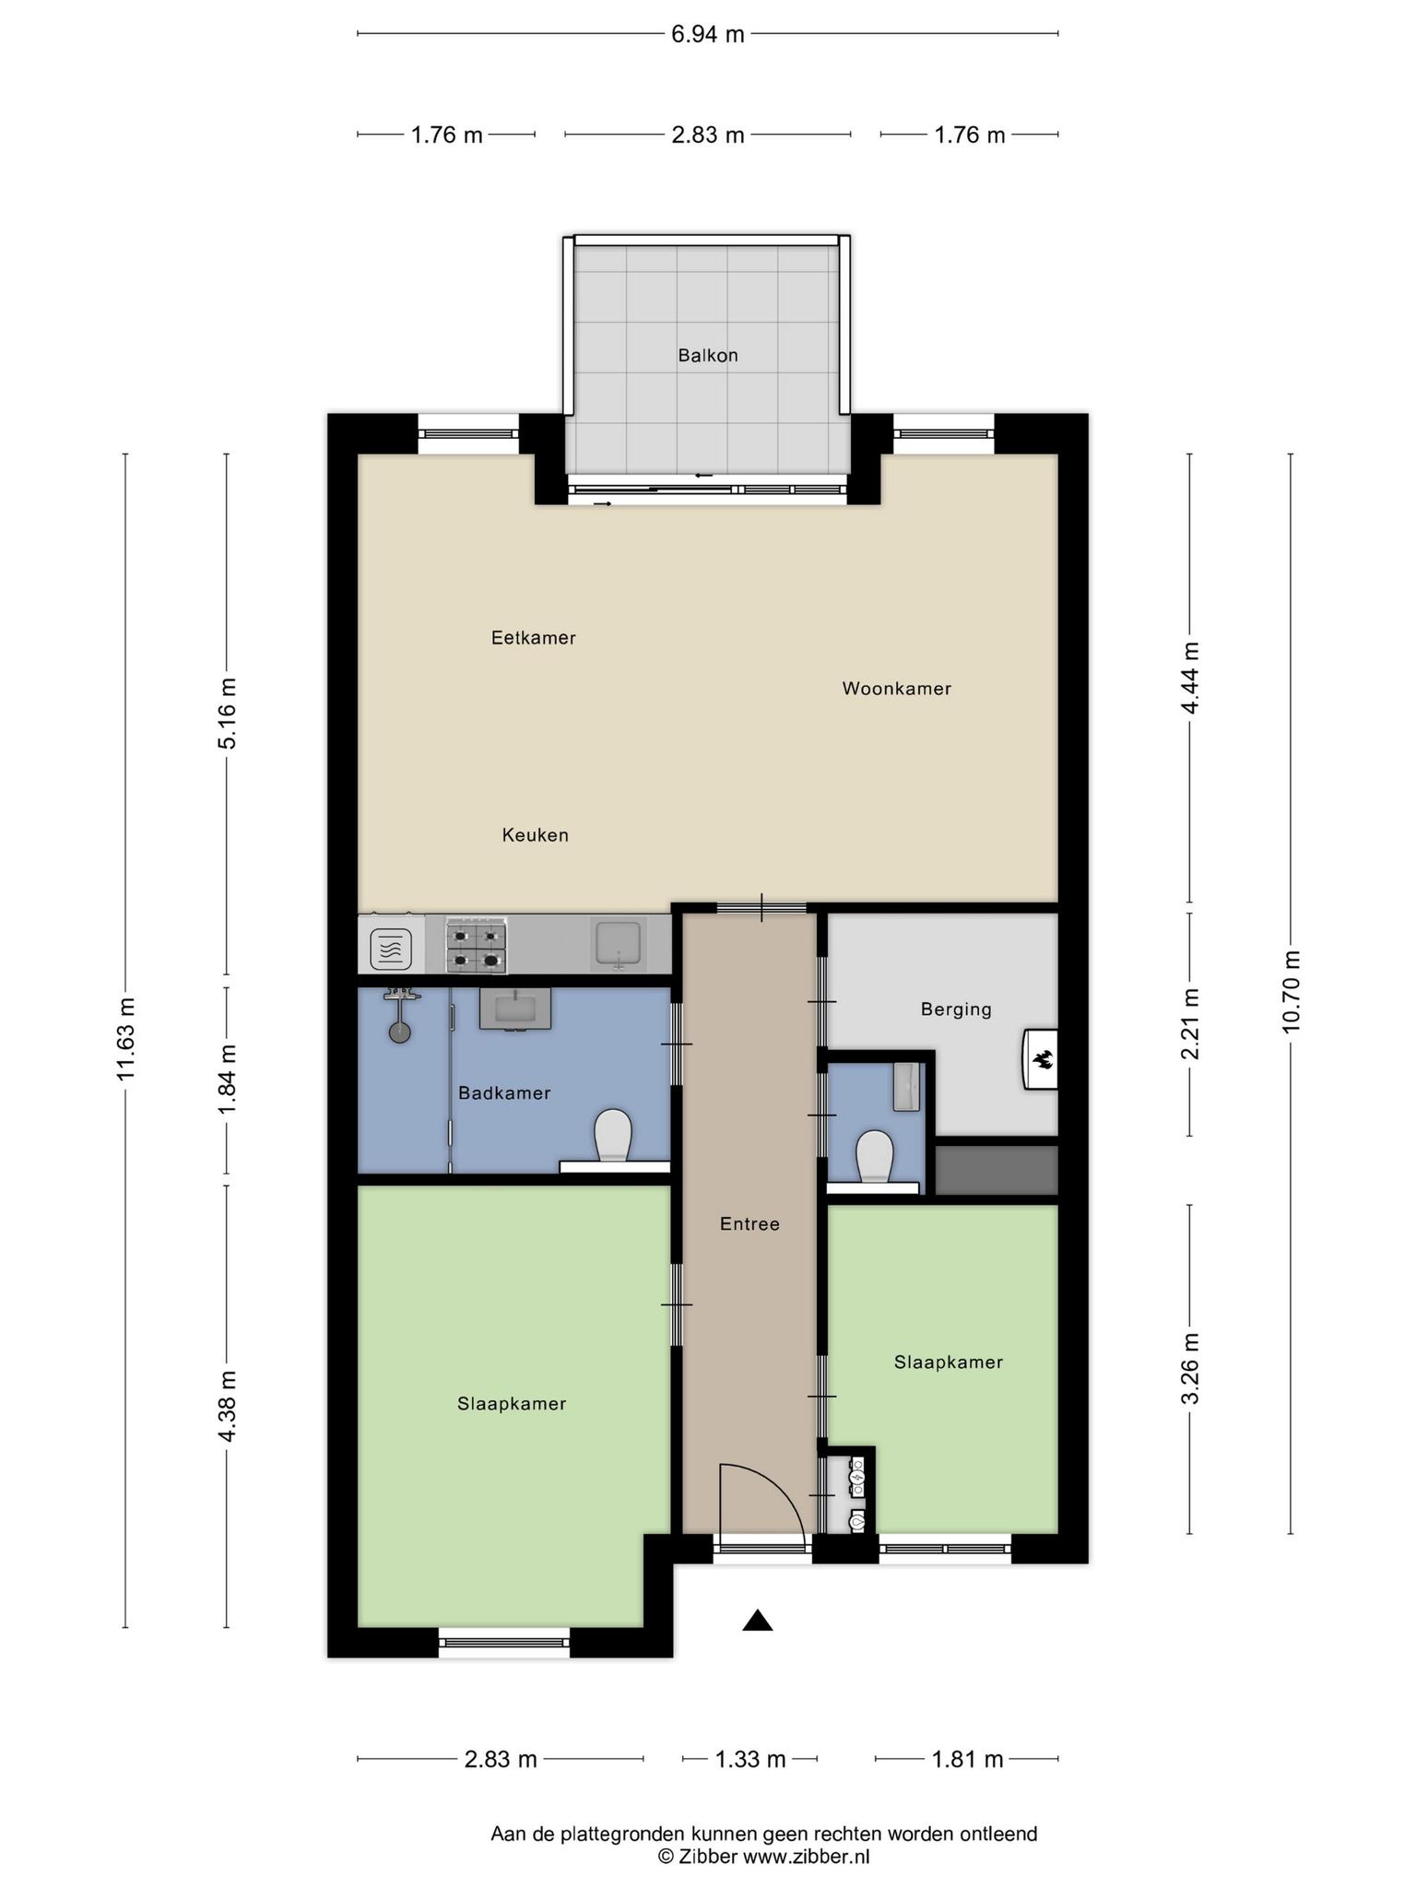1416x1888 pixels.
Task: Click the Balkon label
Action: click(708, 355)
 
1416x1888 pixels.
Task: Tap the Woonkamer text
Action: click(897, 689)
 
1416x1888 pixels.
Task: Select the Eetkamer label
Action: click(534, 638)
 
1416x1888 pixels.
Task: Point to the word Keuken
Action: click(536, 835)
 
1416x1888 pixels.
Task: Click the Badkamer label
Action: click(505, 1093)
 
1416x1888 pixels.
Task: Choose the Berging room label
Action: click(957, 1009)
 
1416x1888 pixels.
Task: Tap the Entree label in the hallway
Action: click(750, 1224)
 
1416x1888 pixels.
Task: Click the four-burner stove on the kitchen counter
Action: click(477, 946)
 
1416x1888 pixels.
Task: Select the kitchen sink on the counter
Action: click(619, 945)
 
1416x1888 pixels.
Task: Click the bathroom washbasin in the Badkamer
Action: click(515, 1009)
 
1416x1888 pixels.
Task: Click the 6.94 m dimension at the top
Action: click(708, 34)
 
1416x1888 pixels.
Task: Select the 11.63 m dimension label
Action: click(125, 1039)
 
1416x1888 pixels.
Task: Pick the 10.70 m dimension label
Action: click(1291, 992)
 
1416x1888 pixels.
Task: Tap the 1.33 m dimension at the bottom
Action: click(751, 1760)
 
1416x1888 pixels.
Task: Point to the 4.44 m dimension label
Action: click(1190, 678)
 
